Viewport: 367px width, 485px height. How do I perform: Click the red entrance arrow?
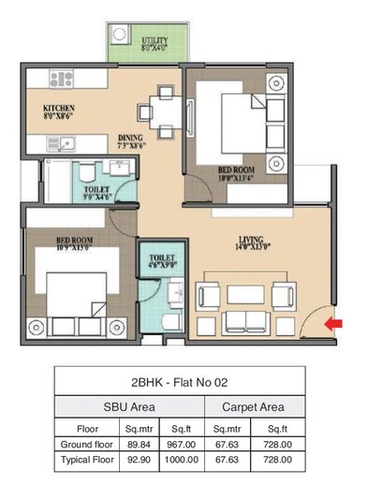(x=332, y=325)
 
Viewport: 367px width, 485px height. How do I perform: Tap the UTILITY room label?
(x=155, y=42)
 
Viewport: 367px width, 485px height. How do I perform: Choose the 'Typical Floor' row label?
(x=85, y=461)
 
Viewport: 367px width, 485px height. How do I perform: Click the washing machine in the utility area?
(x=120, y=37)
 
